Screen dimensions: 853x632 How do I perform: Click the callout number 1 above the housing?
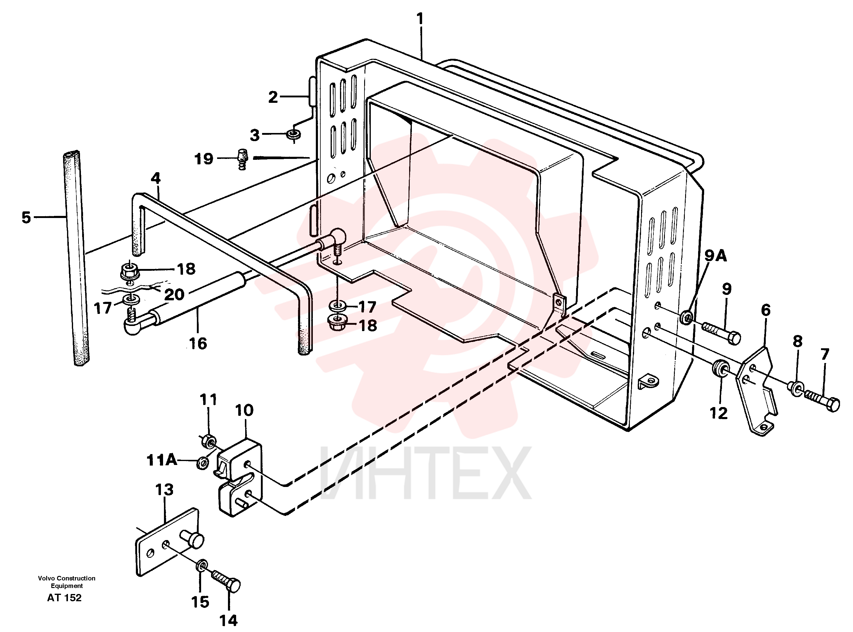420,18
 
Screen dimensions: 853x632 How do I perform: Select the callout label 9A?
716,256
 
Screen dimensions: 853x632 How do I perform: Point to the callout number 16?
198,343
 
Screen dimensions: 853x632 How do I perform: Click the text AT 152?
64,598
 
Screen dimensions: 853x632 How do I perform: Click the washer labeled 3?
294,134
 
